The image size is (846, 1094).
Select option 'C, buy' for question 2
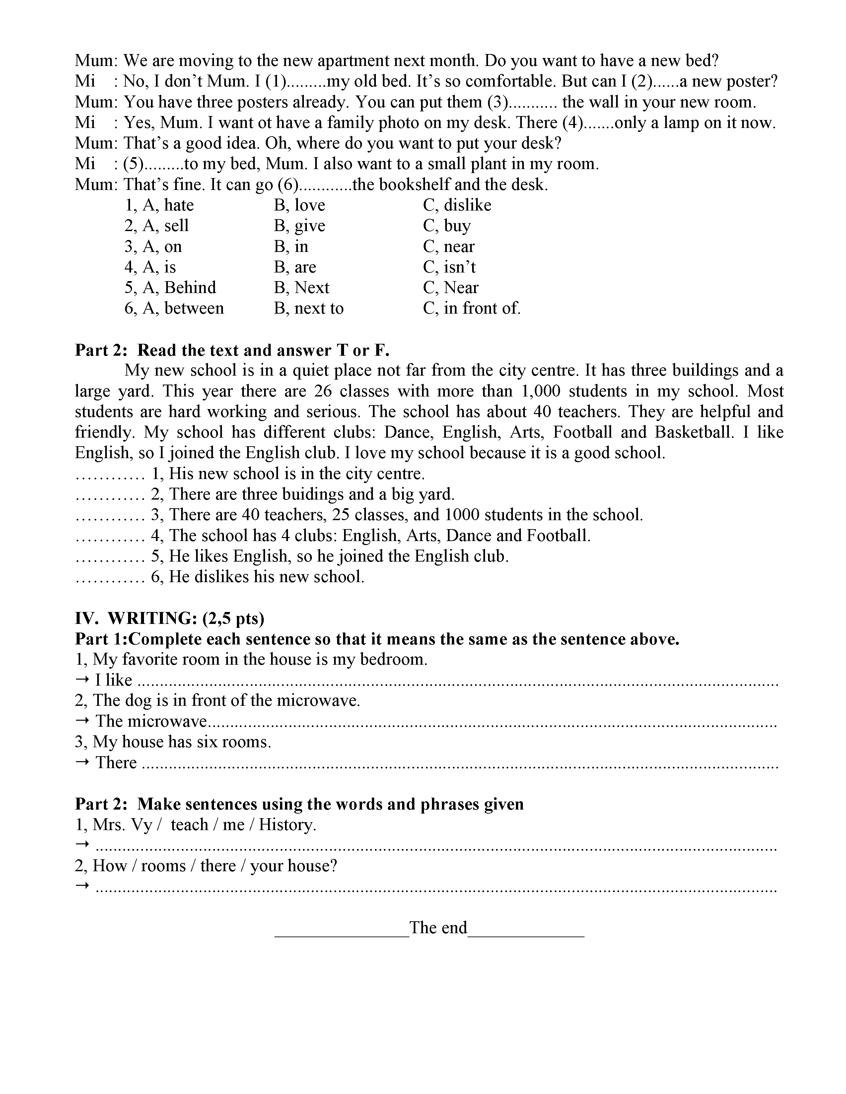coord(447,226)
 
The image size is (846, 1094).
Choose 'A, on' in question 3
coord(153,246)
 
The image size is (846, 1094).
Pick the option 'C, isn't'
coord(449,267)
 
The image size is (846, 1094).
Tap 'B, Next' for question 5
coord(301,287)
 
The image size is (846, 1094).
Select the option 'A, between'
coord(174,308)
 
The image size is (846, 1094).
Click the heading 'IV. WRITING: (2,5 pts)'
coord(170,619)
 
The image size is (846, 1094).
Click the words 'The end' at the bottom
coord(438,928)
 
